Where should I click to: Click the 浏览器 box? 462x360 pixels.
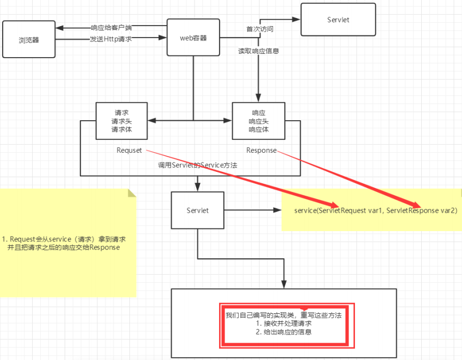[x=29, y=39]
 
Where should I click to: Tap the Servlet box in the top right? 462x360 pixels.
[x=338, y=20]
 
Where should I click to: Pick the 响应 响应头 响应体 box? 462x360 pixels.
[x=258, y=121]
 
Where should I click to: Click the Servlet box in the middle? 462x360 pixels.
[x=197, y=210]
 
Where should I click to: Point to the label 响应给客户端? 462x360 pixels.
[x=111, y=28]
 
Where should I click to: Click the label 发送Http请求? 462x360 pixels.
[x=111, y=39]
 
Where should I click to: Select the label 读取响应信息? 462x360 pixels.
[x=259, y=51]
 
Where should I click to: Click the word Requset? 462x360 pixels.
[x=129, y=150]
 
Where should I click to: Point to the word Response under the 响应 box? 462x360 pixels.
[x=261, y=150]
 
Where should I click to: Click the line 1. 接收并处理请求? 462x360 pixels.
[x=284, y=324]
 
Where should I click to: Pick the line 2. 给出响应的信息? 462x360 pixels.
[x=284, y=332]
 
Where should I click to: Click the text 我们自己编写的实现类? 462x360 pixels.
[x=260, y=315]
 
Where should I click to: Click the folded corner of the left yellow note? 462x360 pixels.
[x=132, y=193]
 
